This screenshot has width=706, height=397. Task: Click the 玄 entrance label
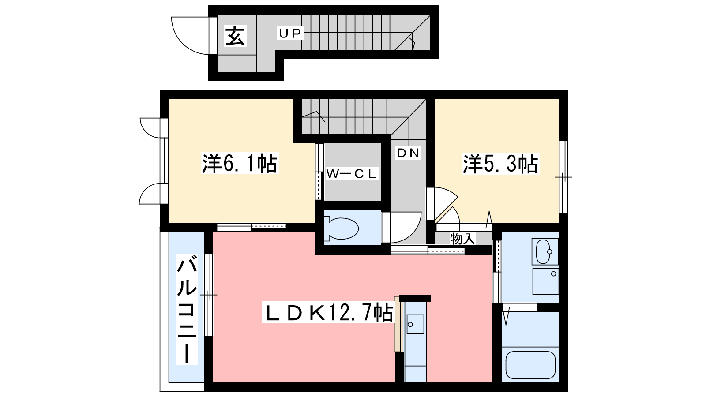pos(235,36)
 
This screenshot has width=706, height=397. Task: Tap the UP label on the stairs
pos(290,33)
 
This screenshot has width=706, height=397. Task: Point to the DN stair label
pos(408,153)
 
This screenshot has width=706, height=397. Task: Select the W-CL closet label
pos(351,174)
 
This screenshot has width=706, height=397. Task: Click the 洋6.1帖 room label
pos(240,164)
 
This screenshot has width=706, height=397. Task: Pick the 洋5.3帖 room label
pos(500,164)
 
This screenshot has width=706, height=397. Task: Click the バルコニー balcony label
pos(187,309)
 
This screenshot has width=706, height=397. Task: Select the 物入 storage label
pos(462,239)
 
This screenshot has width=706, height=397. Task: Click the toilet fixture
pos(342,228)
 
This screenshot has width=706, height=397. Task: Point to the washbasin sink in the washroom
pos(545,251)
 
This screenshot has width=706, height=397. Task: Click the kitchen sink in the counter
pos(415,324)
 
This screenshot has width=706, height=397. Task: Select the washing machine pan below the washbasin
pos(545,281)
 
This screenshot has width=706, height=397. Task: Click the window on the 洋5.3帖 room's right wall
pos(563,177)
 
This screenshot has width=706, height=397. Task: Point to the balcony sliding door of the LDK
pos(208,295)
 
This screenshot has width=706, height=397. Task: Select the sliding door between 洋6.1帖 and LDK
pos(251,227)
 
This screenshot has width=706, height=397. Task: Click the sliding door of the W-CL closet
pos(319,172)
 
